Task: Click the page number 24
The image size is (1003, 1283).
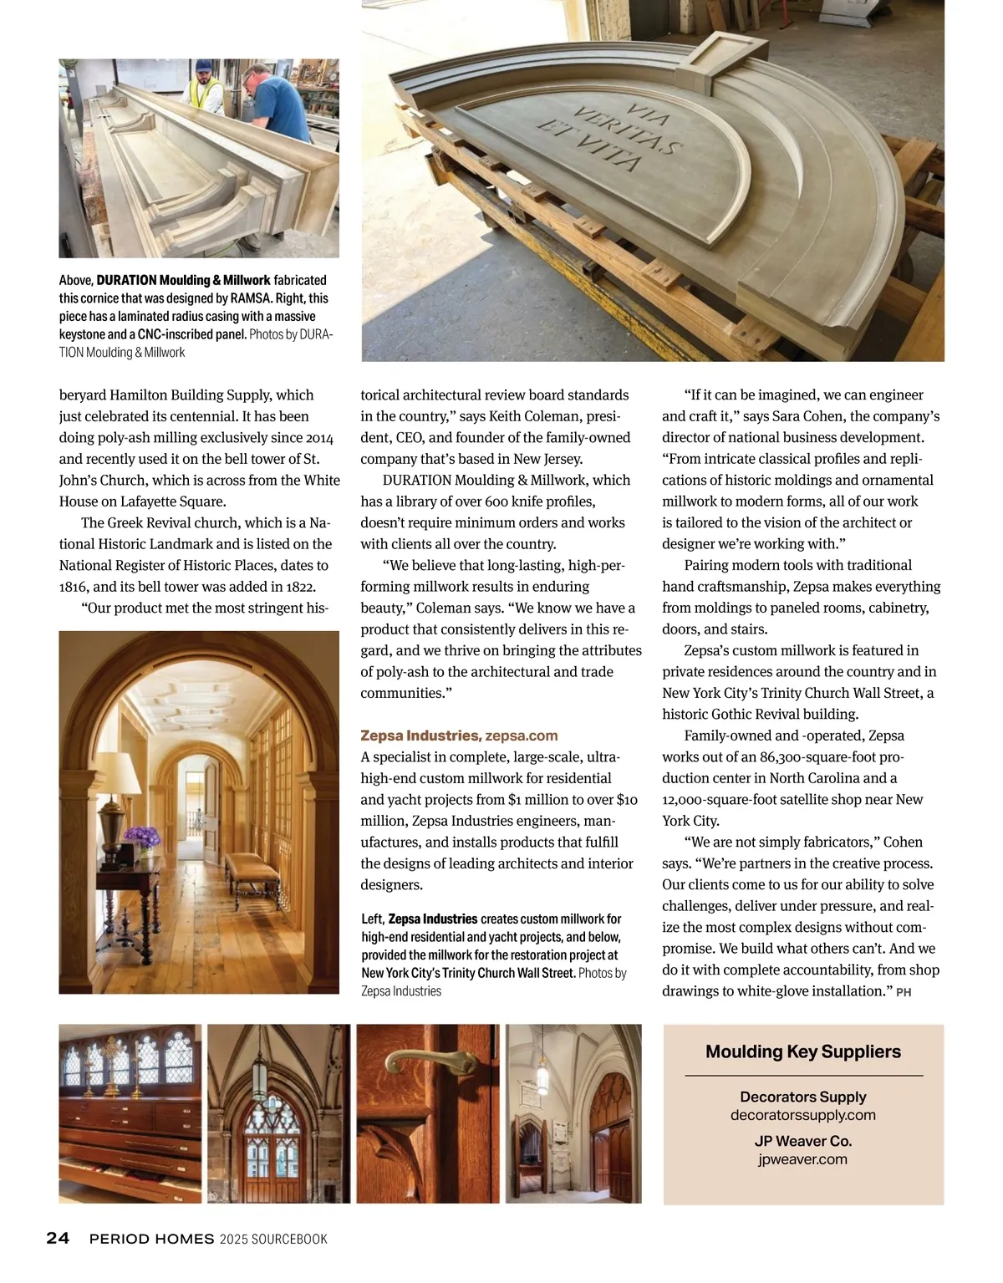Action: [58, 1238]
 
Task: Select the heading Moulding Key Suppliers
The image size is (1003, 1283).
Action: [802, 1051]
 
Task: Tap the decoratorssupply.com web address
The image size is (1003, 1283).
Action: [802, 1115]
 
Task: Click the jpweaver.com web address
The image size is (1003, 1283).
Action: [802, 1159]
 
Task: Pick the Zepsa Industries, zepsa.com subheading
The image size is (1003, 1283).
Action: [459, 736]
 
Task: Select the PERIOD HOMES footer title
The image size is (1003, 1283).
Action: [151, 1239]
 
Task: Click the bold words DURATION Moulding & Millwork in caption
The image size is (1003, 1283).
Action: [184, 280]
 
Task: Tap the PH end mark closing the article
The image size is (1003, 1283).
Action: [903, 992]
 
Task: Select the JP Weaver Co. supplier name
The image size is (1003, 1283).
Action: [802, 1141]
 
